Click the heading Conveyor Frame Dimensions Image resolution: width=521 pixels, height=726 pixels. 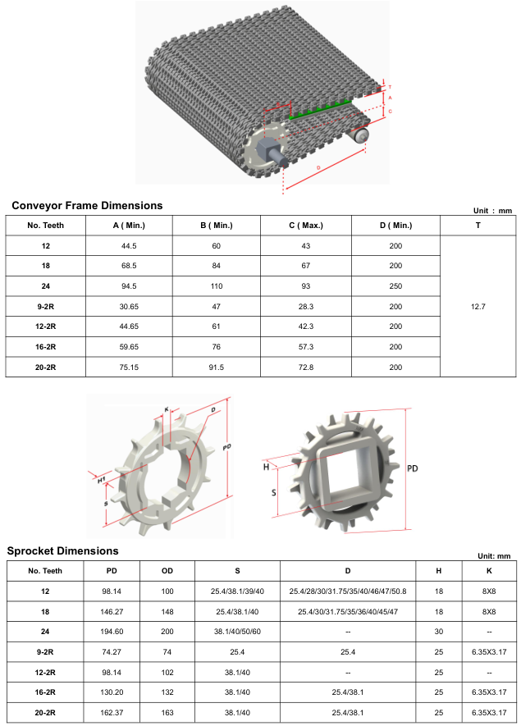[87, 206]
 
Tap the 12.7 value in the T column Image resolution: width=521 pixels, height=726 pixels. [478, 306]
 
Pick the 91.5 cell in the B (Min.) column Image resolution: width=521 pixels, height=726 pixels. [216, 368]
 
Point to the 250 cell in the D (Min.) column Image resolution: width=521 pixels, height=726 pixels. [395, 286]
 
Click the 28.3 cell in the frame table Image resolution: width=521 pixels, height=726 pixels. [306, 306]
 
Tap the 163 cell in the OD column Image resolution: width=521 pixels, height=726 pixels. [167, 712]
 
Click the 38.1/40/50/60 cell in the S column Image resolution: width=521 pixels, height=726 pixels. [238, 632]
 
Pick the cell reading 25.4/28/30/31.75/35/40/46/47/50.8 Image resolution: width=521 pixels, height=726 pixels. [348, 591]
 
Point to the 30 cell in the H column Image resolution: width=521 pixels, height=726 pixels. [438, 632]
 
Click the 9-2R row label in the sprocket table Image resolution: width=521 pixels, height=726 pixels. [45, 651]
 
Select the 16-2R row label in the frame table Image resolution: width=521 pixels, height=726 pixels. [45, 347]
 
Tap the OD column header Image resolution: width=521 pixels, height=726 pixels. [167, 571]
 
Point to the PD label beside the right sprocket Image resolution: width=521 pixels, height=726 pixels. [414, 468]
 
